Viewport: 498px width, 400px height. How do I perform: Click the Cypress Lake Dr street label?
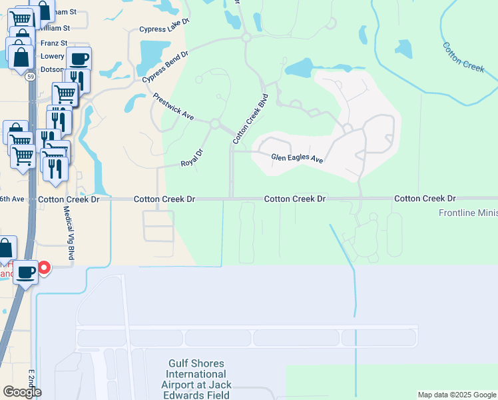[x=164, y=29]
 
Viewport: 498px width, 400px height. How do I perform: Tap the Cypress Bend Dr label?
[x=165, y=66]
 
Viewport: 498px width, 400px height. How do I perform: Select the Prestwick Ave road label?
[x=173, y=107]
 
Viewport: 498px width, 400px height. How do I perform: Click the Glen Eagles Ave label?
[x=297, y=159]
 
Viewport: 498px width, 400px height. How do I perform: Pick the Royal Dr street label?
[x=191, y=163]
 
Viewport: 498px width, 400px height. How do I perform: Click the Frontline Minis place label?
[x=467, y=213]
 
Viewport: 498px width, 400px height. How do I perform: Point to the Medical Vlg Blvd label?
[x=67, y=233]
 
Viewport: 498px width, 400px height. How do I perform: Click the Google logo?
[x=22, y=391]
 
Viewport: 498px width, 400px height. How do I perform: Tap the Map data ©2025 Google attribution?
[x=457, y=395]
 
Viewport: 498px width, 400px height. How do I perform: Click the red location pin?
[x=44, y=267]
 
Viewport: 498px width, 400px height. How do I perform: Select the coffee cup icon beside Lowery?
[x=79, y=59]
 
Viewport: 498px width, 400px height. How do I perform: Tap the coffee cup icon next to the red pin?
[x=26, y=272]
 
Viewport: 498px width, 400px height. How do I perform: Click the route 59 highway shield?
[x=31, y=77]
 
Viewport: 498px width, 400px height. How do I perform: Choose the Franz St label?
[x=54, y=42]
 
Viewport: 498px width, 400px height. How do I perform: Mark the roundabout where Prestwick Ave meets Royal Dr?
[x=214, y=124]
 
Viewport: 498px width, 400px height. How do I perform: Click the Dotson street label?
[x=53, y=69]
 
